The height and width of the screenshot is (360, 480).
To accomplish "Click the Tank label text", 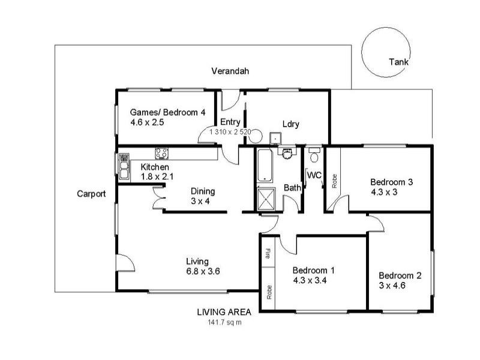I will point(398,62).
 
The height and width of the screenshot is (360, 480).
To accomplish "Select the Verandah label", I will point(230,71).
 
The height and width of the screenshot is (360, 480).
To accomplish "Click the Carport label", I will point(92,194).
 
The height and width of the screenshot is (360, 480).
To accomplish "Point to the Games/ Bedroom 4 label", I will point(168,112).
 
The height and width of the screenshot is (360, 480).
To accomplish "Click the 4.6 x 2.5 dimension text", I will point(147,122).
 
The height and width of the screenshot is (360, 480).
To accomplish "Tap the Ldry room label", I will point(291,125).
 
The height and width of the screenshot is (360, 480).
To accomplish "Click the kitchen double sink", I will point(124,167).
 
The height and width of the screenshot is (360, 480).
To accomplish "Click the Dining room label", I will point(202,191).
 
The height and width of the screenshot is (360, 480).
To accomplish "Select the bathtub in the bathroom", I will point(265,166).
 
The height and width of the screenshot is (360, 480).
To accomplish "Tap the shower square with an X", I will point(265,199).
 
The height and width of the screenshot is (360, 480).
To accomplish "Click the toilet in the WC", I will point(314,157).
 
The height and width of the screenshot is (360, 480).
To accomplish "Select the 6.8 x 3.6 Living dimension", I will point(203,271).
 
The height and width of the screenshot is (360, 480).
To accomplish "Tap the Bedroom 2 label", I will point(400,276).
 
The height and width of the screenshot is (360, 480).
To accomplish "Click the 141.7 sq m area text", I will point(224,322).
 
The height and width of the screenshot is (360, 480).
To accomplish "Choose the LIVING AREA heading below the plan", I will point(224,312).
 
